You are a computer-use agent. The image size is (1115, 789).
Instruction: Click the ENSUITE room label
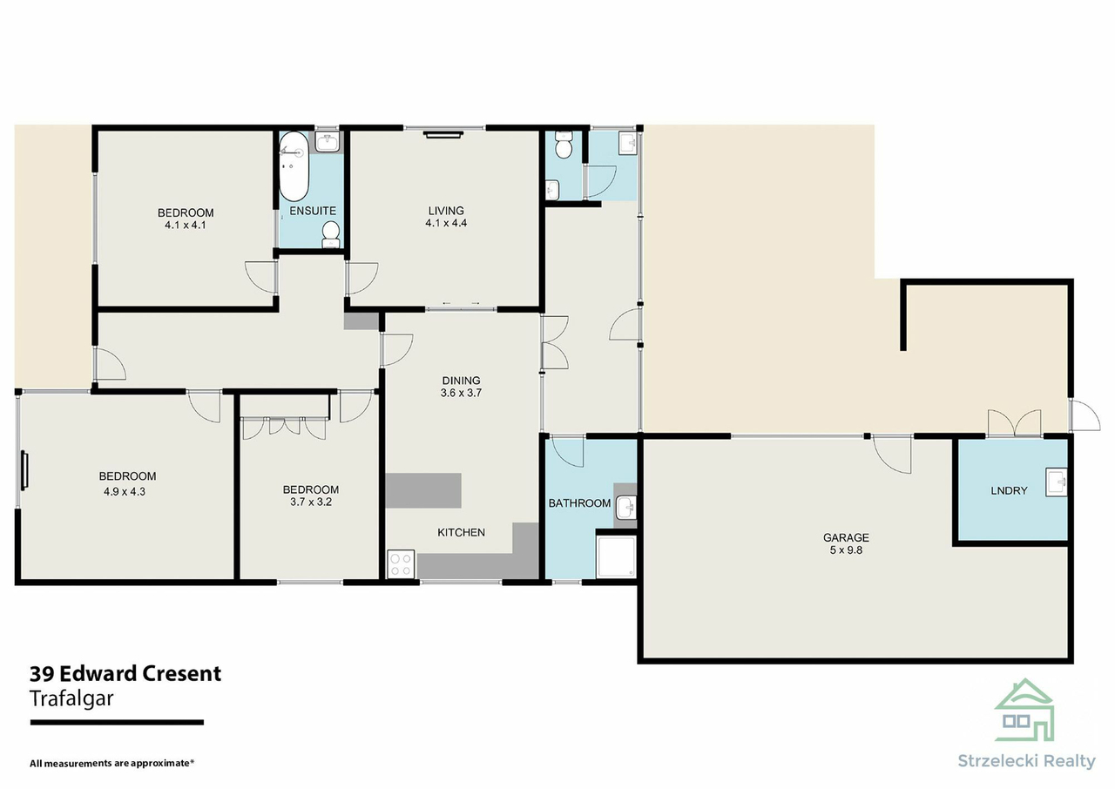[x=312, y=211]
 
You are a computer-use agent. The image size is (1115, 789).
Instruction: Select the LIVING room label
[x=445, y=210]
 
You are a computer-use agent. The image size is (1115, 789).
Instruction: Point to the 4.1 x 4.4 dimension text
[x=445, y=223]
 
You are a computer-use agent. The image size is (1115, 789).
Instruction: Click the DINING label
[x=461, y=381]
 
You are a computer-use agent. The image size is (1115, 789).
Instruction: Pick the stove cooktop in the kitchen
[x=401, y=563]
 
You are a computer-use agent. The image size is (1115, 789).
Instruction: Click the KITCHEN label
[x=461, y=532]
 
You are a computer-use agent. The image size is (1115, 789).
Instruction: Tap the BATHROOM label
[x=579, y=503]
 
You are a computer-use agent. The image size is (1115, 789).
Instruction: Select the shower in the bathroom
[x=617, y=556]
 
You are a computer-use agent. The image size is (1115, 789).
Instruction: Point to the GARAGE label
[x=846, y=537]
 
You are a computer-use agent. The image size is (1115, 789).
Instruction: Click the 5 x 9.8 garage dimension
[x=846, y=550]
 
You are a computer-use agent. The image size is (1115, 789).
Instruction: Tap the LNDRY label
[x=1009, y=490]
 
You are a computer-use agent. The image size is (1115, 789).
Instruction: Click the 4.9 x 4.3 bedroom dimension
[x=127, y=491]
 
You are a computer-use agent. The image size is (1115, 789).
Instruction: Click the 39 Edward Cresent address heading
[x=125, y=673]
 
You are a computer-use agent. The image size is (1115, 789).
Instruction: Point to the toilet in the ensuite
[x=331, y=233]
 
